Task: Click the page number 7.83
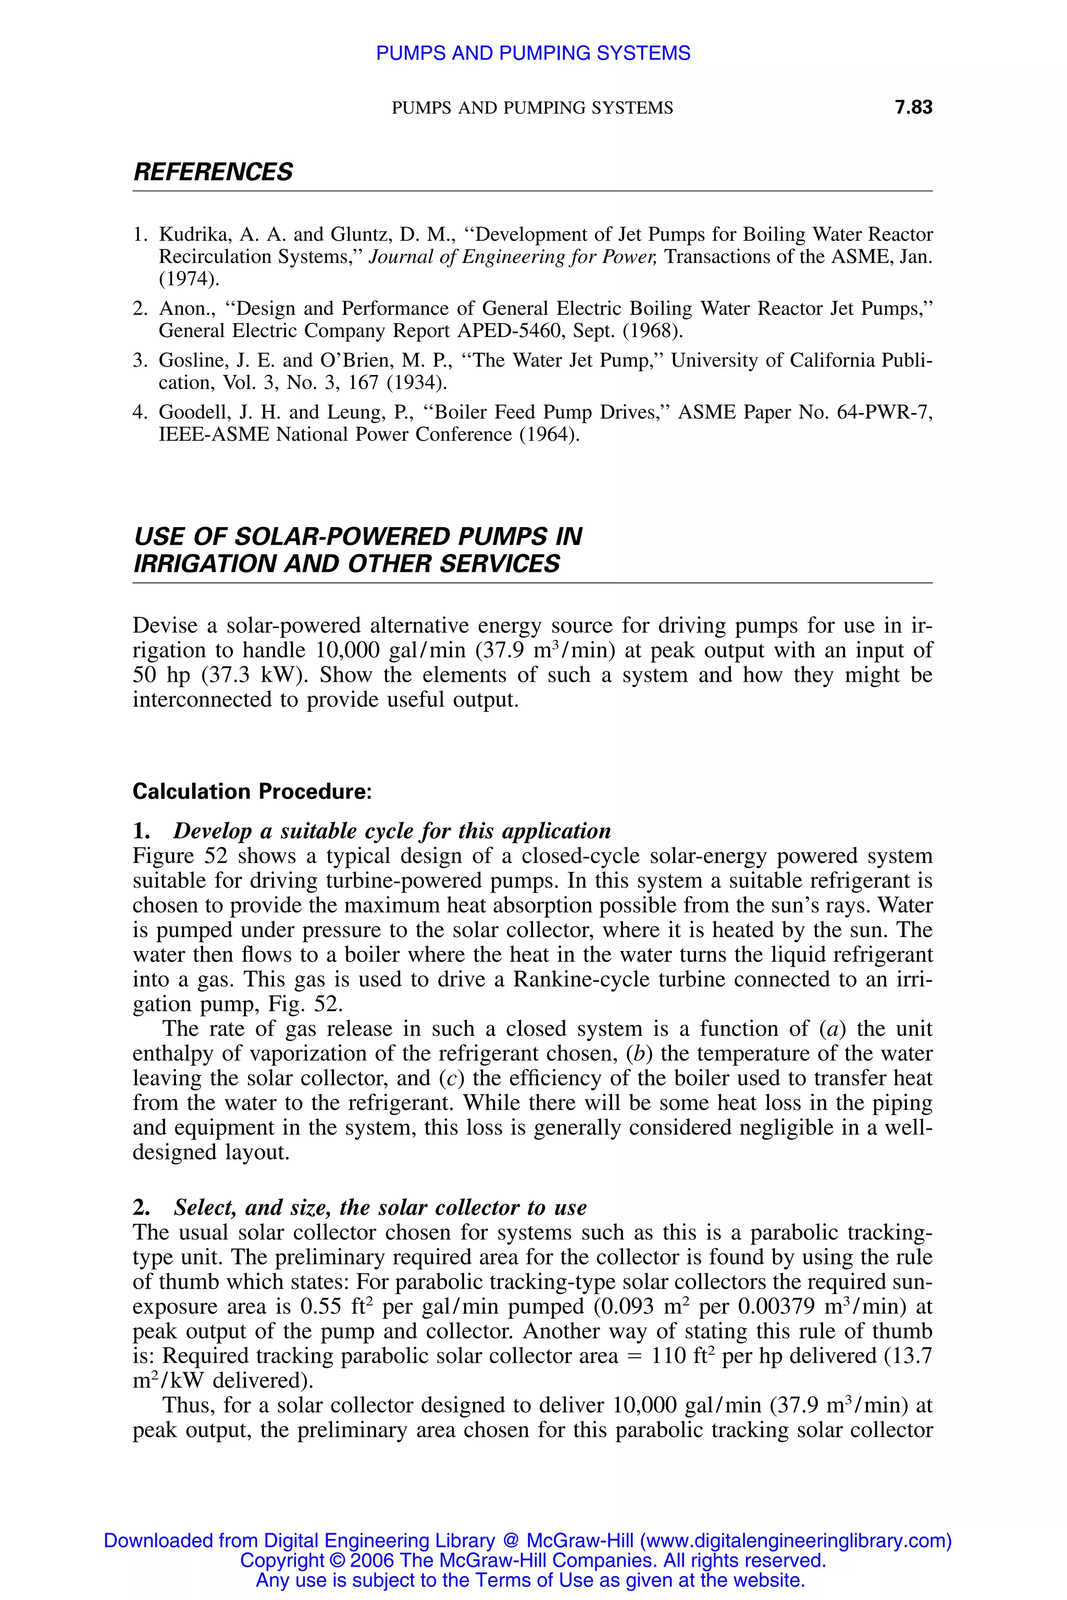pyautogui.click(x=913, y=107)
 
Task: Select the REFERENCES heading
pyautogui.click(x=213, y=172)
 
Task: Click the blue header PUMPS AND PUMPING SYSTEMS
pyautogui.click(x=533, y=53)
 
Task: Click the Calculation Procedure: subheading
pyautogui.click(x=252, y=792)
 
